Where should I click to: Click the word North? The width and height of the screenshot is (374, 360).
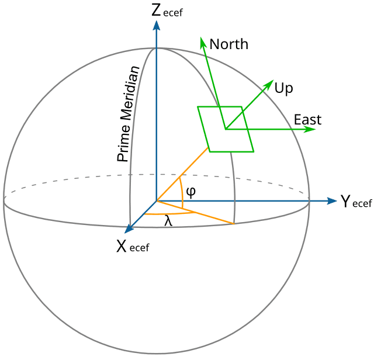(x=228, y=44)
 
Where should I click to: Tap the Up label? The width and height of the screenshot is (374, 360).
(x=283, y=88)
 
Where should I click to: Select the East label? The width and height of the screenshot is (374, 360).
(x=307, y=120)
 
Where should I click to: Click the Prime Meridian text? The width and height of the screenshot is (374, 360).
(x=129, y=114)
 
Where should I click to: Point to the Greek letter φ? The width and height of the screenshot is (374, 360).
(x=191, y=191)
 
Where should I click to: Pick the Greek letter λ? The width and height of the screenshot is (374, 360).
(x=168, y=221)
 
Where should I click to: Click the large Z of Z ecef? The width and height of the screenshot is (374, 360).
(x=156, y=11)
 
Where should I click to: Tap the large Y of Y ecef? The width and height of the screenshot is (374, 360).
(x=345, y=202)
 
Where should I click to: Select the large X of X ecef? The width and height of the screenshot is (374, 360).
(x=121, y=246)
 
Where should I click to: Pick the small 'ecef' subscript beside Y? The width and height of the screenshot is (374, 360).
(x=362, y=204)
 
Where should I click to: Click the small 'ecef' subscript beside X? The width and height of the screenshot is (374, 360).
(x=139, y=248)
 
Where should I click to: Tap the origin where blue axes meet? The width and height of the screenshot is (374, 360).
(x=156, y=201)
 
